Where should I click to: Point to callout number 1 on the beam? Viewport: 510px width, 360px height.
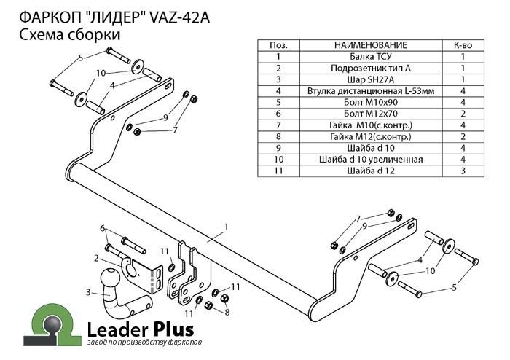[227, 227]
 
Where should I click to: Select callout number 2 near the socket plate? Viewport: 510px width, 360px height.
[96, 257]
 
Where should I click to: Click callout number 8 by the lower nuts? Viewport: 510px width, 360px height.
[227, 312]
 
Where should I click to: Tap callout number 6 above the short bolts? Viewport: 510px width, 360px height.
[103, 228]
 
